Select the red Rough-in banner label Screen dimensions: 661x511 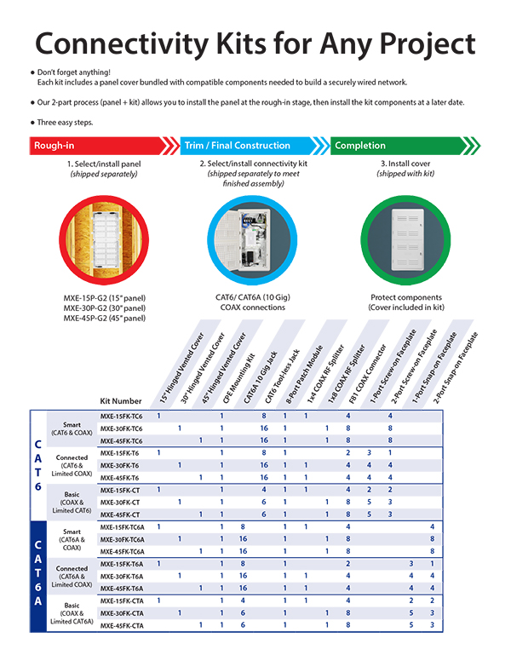[x=54, y=146]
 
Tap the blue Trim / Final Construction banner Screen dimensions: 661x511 [x=238, y=146]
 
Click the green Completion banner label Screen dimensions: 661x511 [x=360, y=146]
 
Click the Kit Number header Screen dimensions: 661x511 [x=120, y=399]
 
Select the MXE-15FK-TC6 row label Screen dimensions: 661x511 [x=122, y=416]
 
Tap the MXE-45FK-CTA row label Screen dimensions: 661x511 [x=123, y=625]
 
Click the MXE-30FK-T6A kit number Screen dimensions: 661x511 [x=123, y=576]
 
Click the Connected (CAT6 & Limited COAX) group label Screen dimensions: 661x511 [x=72, y=464]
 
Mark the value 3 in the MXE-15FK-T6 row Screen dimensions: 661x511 [x=369, y=452]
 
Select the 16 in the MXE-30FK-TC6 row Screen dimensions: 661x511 [x=264, y=428]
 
